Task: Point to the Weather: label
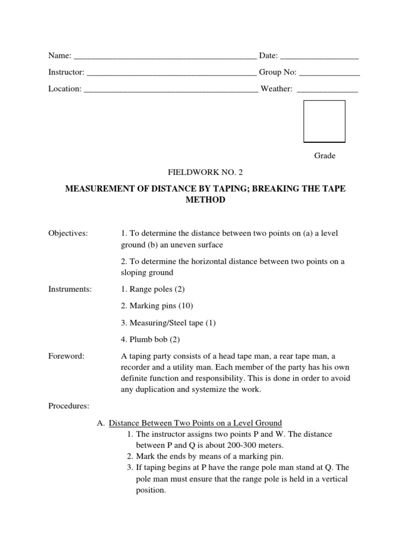[x=276, y=89]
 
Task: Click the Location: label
[x=65, y=89]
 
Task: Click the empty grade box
[x=324, y=121]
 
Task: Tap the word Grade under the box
[x=324, y=156]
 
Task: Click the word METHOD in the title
[x=205, y=200]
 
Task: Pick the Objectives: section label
[x=68, y=233]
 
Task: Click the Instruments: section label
[x=70, y=289]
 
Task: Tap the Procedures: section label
[x=68, y=406]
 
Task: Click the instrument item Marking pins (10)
[x=157, y=306]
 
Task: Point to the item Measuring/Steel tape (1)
[x=169, y=323]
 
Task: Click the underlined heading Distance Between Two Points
[x=195, y=423]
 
